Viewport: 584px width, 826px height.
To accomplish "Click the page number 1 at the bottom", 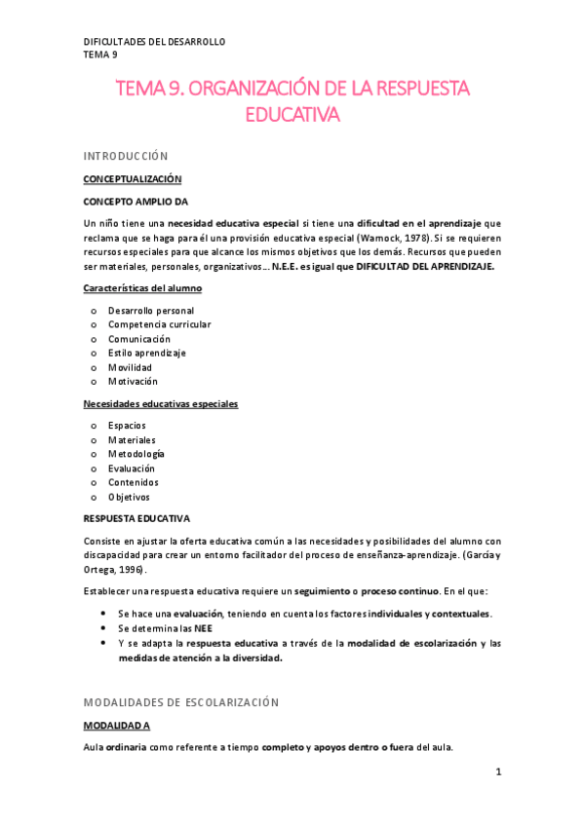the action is point(497,772).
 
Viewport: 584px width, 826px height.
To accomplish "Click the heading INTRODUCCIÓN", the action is point(126,156).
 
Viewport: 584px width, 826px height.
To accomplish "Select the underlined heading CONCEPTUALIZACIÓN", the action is point(132,179).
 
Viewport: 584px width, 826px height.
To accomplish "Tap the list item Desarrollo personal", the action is point(151,311).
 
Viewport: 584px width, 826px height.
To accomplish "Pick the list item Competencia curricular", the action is point(159,324).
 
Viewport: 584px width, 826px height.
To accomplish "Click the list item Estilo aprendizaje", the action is point(146,353).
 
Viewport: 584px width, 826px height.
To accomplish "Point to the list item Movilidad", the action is point(130,367).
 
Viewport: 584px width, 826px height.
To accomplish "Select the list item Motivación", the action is point(133,381).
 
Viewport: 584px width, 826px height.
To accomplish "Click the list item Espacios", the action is point(128,426).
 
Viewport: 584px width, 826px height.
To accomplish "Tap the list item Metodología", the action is point(136,454).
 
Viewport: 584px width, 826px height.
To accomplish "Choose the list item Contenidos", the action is point(133,482).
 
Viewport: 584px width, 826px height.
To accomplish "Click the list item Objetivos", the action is point(129,497).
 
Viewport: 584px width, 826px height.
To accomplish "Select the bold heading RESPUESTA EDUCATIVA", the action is point(136,518).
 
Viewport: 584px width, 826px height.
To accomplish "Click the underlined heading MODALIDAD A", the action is point(116,726).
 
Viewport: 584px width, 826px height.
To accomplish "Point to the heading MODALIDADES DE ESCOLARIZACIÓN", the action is point(181,701).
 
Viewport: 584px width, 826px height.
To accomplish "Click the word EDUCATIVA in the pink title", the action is point(292,116).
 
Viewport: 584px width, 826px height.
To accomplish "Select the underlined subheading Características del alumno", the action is point(142,288).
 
